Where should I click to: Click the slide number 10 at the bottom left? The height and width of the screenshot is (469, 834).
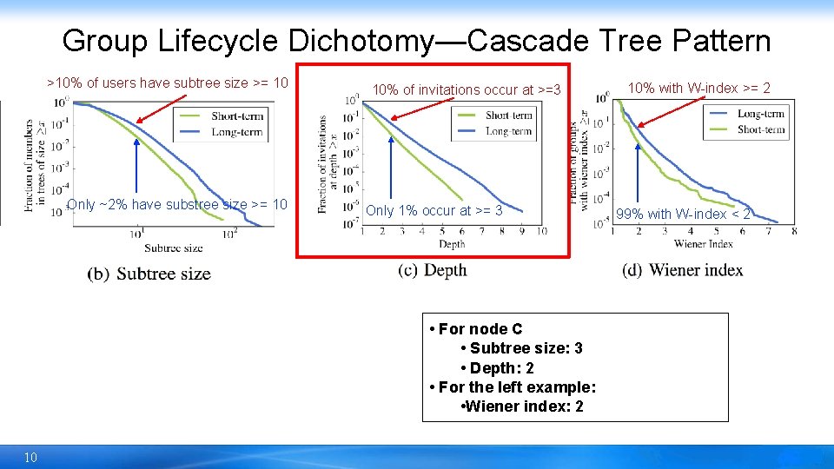coord(30,457)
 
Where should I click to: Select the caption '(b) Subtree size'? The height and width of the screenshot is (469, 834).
coord(149,274)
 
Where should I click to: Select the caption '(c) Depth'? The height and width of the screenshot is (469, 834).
coord(433,270)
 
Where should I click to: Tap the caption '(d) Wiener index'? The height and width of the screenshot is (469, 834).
coord(683,270)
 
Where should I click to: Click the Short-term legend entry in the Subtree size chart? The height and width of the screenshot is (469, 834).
coord(236,116)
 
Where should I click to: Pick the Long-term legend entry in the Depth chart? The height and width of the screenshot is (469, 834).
coord(509,131)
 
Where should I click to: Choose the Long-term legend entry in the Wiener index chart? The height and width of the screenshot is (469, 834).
coord(760,114)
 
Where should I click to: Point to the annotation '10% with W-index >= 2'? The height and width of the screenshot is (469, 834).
coord(698,88)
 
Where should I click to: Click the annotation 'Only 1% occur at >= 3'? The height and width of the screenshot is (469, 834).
coord(434,210)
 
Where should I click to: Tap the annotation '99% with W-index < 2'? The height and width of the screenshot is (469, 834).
coord(683,214)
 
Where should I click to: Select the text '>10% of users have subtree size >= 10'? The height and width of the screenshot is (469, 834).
coord(167,83)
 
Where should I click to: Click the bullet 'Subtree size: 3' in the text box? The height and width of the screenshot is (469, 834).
coord(526,348)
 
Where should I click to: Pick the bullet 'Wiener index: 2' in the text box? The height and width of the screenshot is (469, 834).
coord(524,406)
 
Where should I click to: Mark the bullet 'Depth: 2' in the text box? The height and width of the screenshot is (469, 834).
coord(501,368)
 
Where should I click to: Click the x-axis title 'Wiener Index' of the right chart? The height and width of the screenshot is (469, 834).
coord(704,243)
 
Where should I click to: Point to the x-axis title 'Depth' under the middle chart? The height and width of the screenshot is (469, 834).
coord(452,244)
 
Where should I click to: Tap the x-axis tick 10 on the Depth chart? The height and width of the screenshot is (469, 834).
coord(541,231)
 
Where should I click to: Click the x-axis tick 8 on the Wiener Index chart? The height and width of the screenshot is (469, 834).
coord(794,231)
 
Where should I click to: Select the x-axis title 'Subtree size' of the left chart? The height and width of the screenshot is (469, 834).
coord(174,248)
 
